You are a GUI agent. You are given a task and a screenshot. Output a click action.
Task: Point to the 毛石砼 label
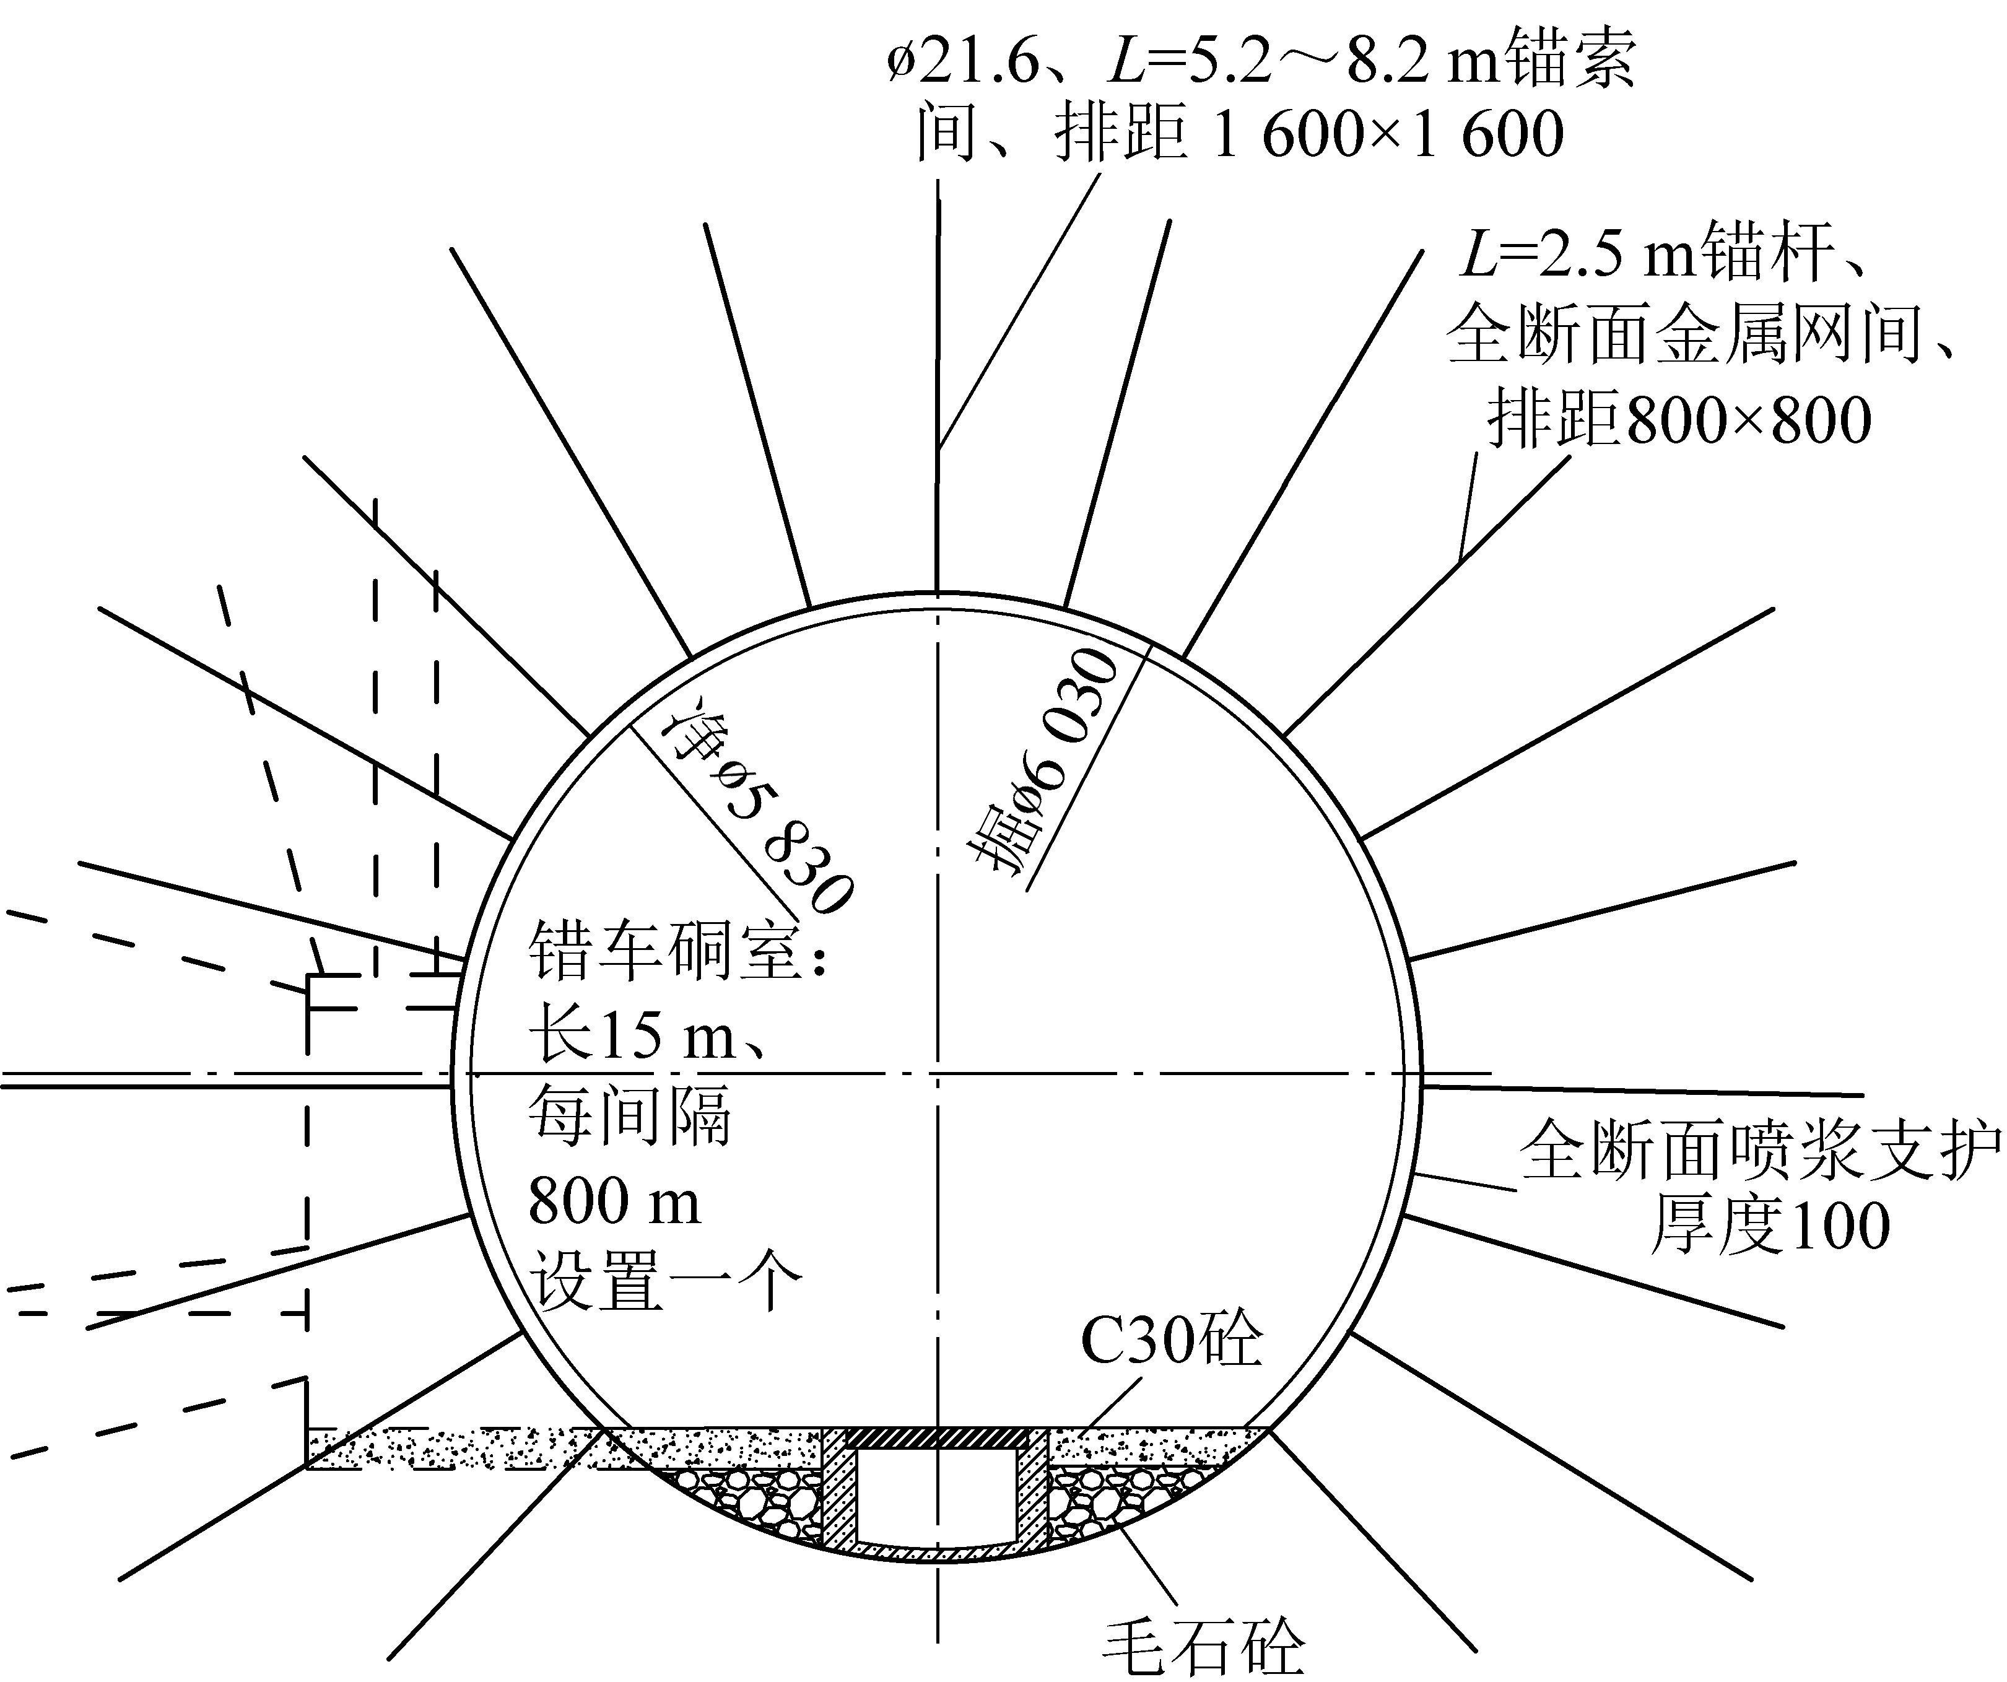pyautogui.click(x=1203, y=1644)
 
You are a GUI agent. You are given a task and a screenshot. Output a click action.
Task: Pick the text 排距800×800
pyautogui.click(x=1678, y=420)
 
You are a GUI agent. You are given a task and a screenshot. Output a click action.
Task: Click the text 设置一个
pyautogui.click(x=664, y=1281)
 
